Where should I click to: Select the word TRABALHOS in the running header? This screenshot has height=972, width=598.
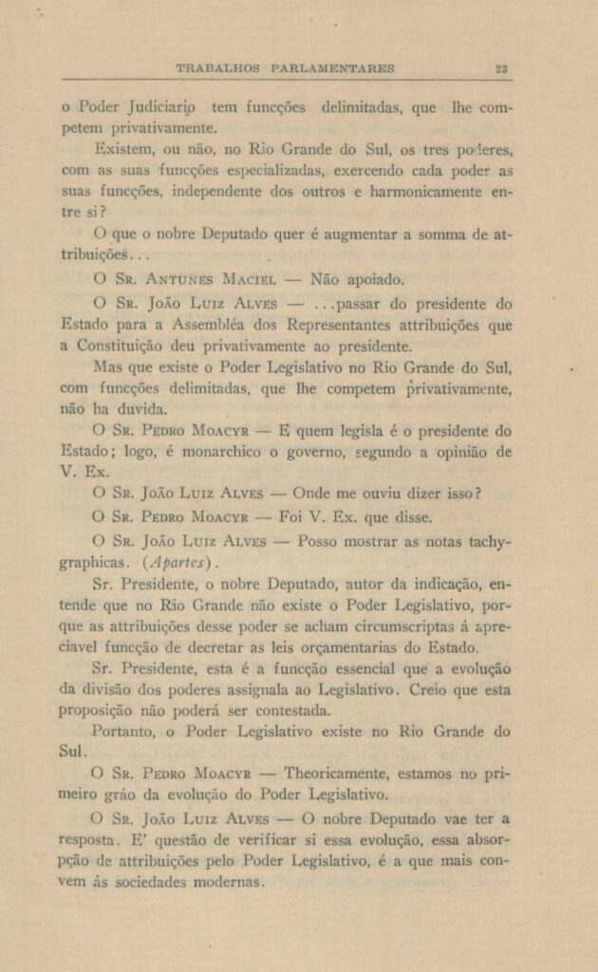coord(219,68)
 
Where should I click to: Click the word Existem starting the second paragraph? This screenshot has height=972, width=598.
coord(120,150)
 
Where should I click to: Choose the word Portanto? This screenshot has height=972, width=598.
coord(124,732)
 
